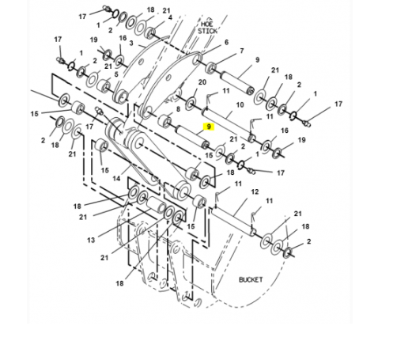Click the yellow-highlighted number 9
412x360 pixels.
point(209,127)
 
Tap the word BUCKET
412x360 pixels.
point(251,279)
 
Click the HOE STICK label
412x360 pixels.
point(207,28)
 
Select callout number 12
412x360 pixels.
point(255,191)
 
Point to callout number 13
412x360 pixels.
point(91,240)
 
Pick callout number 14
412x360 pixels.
point(116,179)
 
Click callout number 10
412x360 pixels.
point(240,105)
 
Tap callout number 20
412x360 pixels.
point(202,82)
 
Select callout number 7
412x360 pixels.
point(242,51)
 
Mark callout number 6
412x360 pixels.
point(226,42)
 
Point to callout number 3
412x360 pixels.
point(131,43)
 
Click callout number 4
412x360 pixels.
point(170,17)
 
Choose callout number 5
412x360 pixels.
point(116,74)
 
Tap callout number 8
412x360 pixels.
point(178,109)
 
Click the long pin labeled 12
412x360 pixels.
point(232,221)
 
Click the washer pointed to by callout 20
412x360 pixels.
point(191,104)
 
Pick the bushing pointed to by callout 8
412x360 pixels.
point(164,121)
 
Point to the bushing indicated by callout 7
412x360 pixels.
point(211,68)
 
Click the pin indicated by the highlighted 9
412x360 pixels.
point(193,137)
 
